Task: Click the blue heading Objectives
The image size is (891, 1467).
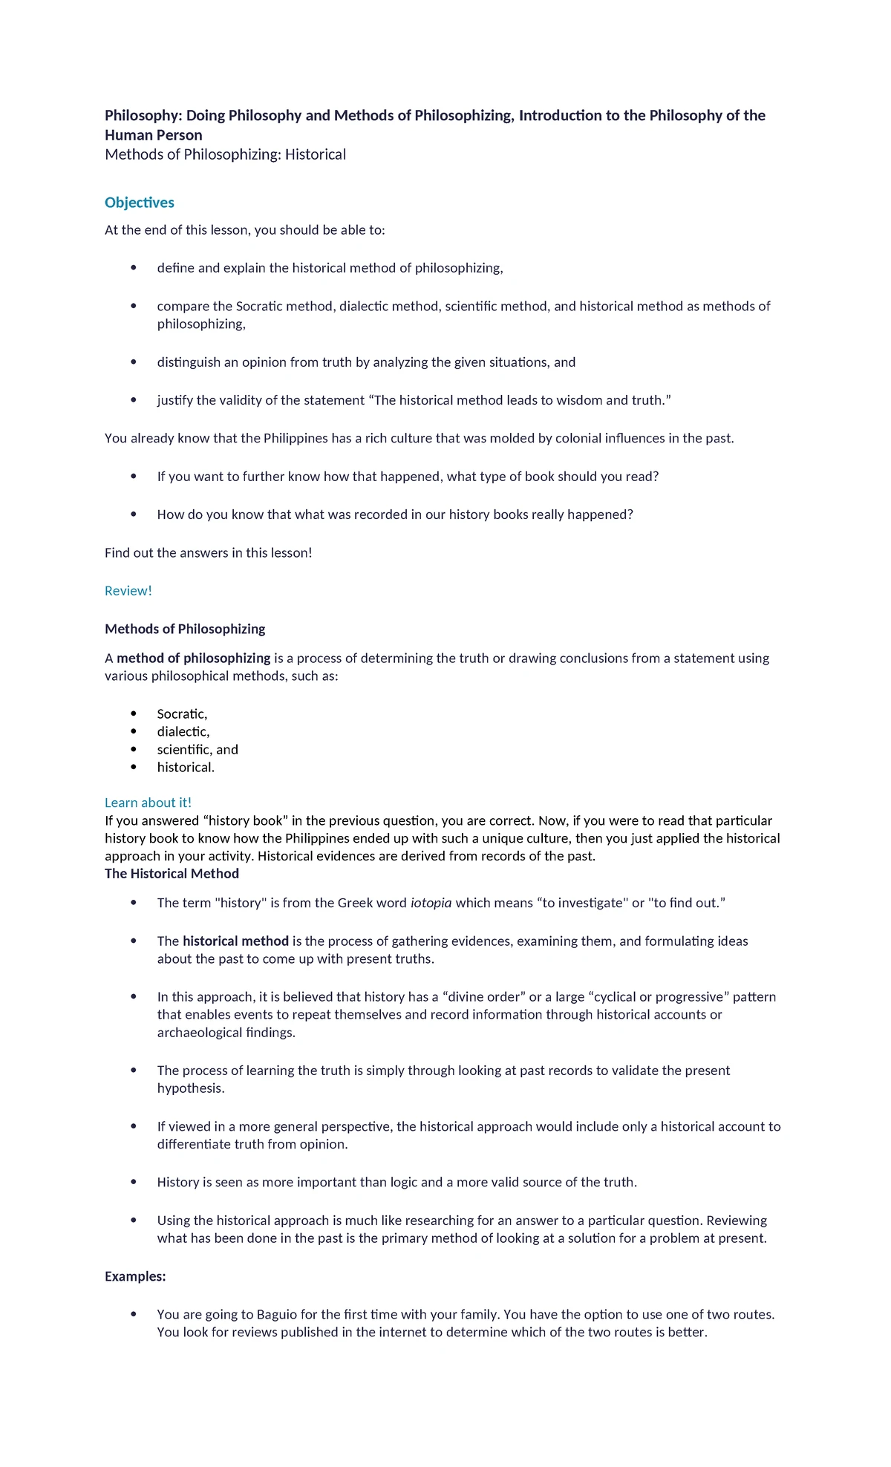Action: (x=139, y=203)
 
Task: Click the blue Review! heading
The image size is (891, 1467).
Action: (x=128, y=591)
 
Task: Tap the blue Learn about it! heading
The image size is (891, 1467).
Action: (x=148, y=803)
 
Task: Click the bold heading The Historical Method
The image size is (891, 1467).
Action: (x=172, y=874)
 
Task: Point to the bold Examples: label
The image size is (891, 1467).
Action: (x=135, y=1276)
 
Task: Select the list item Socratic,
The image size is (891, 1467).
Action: (x=182, y=714)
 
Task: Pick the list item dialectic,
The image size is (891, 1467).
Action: (x=183, y=732)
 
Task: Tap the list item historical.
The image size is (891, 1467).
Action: (x=186, y=768)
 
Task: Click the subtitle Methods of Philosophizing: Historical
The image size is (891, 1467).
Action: (x=225, y=154)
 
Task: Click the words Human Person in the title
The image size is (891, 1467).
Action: (x=153, y=135)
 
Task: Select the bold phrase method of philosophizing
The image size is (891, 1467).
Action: (x=193, y=659)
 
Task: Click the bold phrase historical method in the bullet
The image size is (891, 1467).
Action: (x=235, y=941)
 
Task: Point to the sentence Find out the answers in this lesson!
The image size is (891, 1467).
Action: (x=208, y=553)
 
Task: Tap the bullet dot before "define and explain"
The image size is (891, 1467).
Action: (x=134, y=267)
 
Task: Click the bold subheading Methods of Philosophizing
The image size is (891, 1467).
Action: (x=185, y=629)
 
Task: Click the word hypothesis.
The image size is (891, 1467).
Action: (x=190, y=1088)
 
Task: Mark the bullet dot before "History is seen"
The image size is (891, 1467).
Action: (x=134, y=1181)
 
